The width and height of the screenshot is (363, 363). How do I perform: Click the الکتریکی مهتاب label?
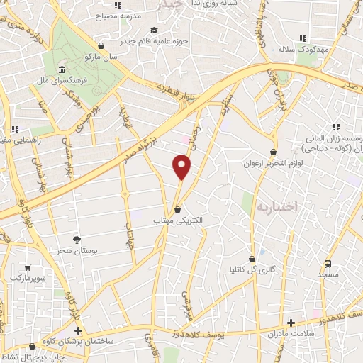(x=178, y=220)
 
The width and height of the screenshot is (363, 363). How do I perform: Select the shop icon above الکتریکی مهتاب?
(x=178, y=209)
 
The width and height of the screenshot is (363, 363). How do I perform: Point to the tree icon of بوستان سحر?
(x=77, y=240)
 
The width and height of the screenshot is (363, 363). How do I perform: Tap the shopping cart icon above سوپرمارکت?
(x=28, y=267)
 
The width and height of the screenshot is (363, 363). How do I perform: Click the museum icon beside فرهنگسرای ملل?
(x=62, y=70)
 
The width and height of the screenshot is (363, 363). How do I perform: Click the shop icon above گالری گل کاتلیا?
(x=253, y=259)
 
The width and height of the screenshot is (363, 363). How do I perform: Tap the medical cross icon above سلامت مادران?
(x=291, y=323)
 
